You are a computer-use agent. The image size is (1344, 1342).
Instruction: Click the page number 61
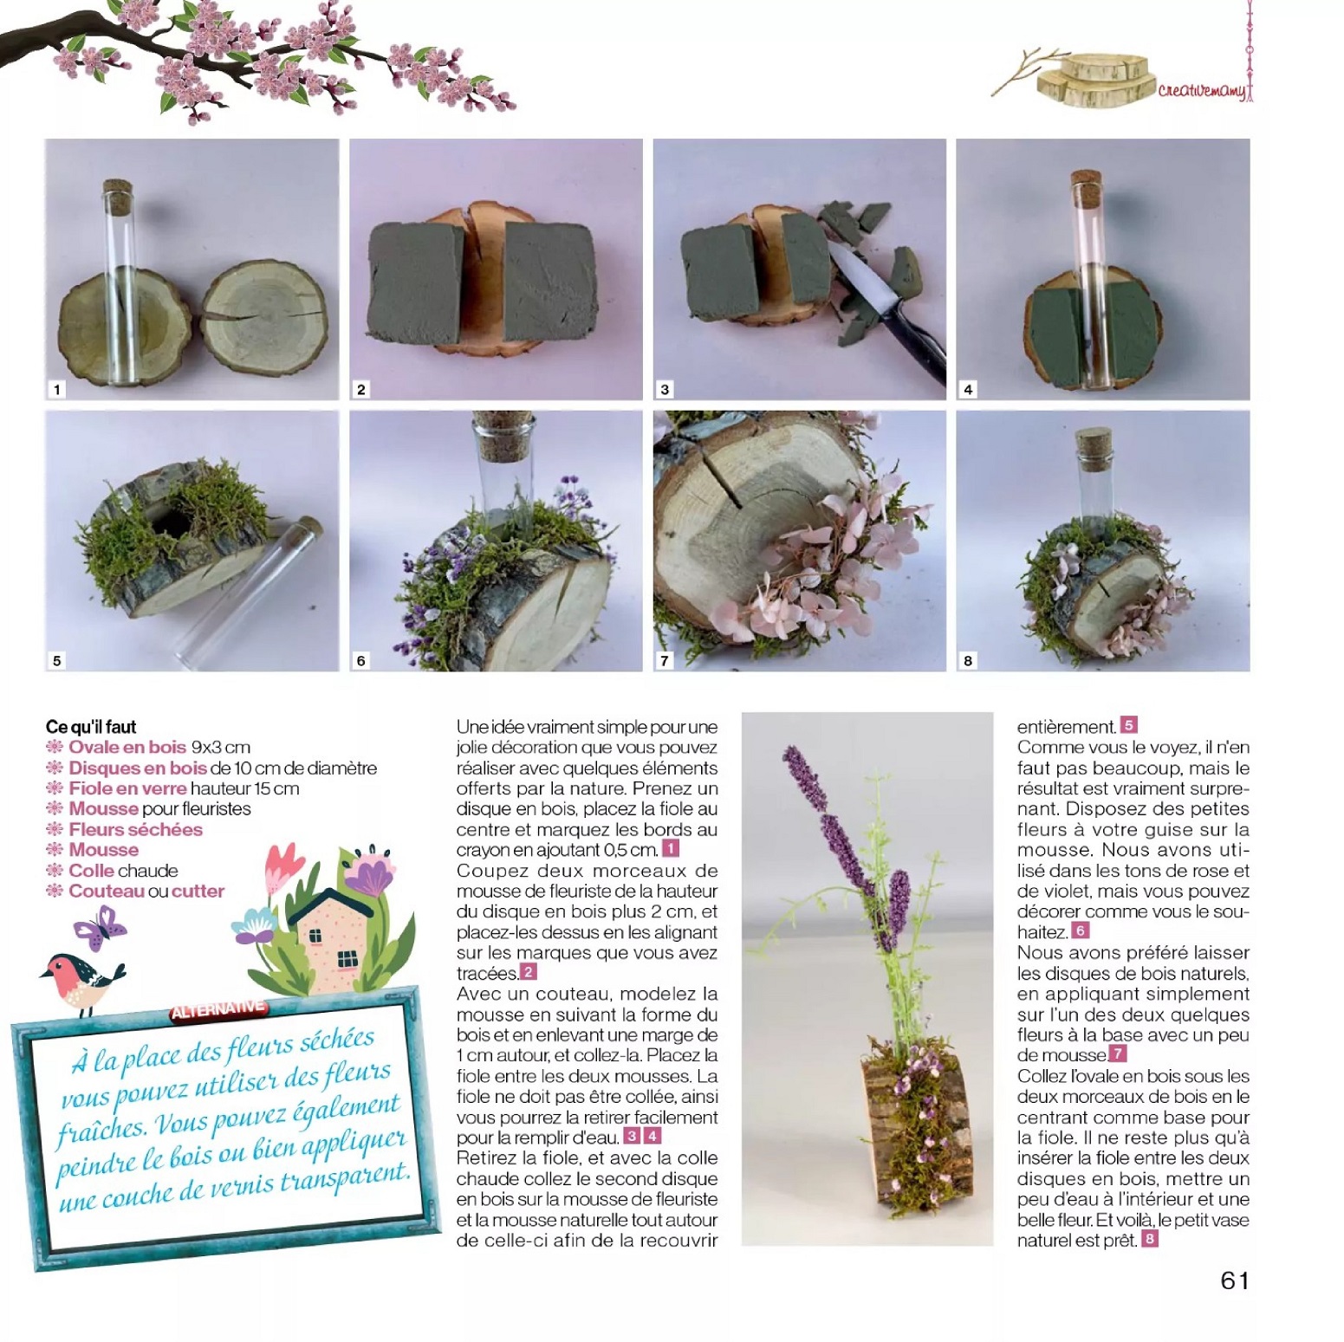coord(1234,1280)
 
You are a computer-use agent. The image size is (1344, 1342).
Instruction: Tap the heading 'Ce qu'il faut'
coord(91,726)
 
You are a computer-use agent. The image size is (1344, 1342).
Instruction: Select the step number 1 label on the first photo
coord(57,389)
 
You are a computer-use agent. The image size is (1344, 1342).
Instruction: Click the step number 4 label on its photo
coord(968,389)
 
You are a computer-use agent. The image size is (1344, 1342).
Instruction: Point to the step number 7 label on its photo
coord(665,660)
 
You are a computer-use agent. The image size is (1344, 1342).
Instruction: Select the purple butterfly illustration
coord(101,928)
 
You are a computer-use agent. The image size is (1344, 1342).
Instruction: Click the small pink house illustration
coord(333,940)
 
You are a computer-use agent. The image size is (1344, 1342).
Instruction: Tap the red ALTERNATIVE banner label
coord(218,1009)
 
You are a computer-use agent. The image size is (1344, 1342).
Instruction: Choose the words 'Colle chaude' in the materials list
coord(123,871)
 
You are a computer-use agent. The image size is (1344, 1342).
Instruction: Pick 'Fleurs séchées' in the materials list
coord(135,829)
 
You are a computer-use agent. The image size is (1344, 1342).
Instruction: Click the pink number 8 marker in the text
coord(1150,1240)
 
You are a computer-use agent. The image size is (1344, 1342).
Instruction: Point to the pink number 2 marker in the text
coord(529,972)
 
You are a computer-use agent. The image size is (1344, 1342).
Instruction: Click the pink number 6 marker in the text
coord(1081,931)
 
